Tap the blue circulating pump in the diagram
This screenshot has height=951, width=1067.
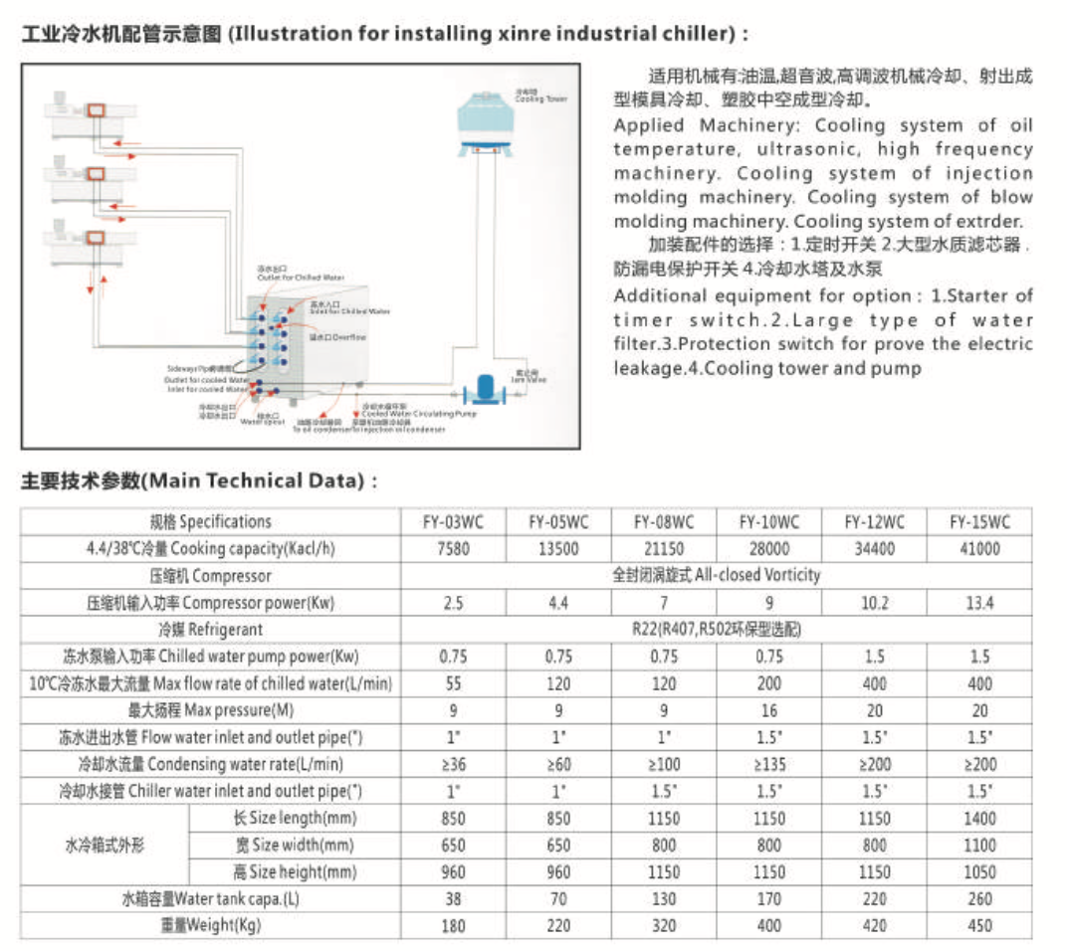pyautogui.click(x=487, y=389)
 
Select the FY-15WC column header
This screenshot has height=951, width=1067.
pyautogui.click(x=979, y=521)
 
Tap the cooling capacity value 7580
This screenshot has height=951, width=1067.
pyautogui.click(x=454, y=548)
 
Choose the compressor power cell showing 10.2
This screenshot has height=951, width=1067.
pyautogui.click(x=874, y=603)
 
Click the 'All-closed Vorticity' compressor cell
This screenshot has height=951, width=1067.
pyautogui.click(x=717, y=575)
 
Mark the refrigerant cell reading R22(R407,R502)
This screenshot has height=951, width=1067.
pyautogui.click(x=717, y=630)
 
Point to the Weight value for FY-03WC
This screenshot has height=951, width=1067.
pyautogui.click(x=454, y=925)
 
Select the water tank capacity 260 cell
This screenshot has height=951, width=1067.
pyautogui.click(x=979, y=899)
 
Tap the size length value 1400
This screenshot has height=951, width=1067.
pyautogui.click(x=979, y=819)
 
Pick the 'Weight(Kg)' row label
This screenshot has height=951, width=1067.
pyautogui.click(x=210, y=925)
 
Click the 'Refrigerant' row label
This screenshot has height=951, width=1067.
pyautogui.click(x=210, y=630)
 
